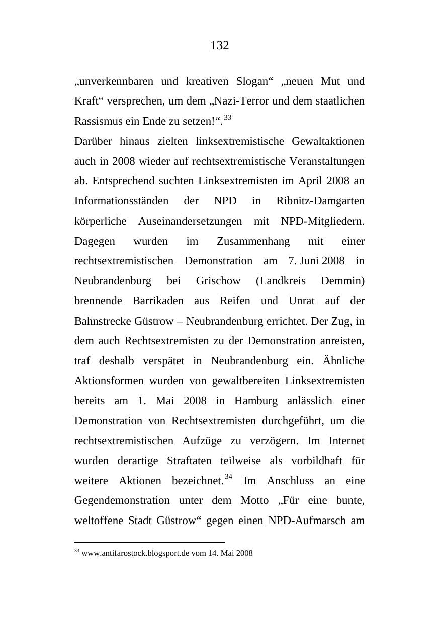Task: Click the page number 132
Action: (x=219, y=46)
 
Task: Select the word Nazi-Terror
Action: (x=243, y=101)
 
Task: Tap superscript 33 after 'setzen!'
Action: (x=228, y=118)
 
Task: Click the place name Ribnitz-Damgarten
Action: (x=320, y=201)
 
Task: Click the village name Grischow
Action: (x=218, y=281)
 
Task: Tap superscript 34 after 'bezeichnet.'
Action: (x=229, y=477)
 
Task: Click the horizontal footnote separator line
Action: (x=149, y=542)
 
